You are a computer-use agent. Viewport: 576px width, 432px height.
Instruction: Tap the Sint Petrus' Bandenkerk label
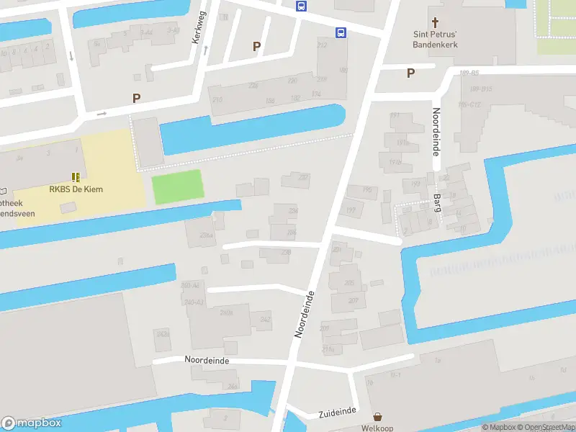[435, 39]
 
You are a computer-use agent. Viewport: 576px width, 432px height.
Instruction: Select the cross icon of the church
[435, 22]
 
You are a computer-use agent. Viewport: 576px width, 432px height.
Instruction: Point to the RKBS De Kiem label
[76, 189]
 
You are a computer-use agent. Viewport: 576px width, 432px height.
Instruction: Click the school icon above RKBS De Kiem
[76, 176]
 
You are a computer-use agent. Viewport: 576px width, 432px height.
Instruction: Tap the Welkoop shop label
[377, 428]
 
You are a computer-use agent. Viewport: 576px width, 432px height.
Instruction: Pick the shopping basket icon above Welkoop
[377, 416]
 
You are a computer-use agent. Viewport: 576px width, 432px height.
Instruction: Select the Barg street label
[437, 207]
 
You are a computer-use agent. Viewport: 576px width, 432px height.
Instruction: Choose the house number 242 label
[265, 320]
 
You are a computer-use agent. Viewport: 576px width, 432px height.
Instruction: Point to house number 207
[353, 300]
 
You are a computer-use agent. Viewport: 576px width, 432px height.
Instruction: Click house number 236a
[207, 235]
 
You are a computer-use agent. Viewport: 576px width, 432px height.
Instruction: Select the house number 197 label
[351, 210]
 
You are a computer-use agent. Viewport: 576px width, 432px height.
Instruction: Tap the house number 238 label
[286, 252]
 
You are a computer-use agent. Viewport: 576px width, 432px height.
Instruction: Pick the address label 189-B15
[480, 89]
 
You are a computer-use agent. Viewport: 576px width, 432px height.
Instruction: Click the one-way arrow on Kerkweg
[206, 50]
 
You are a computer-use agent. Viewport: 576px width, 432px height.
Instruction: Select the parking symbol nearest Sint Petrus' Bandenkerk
[411, 73]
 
